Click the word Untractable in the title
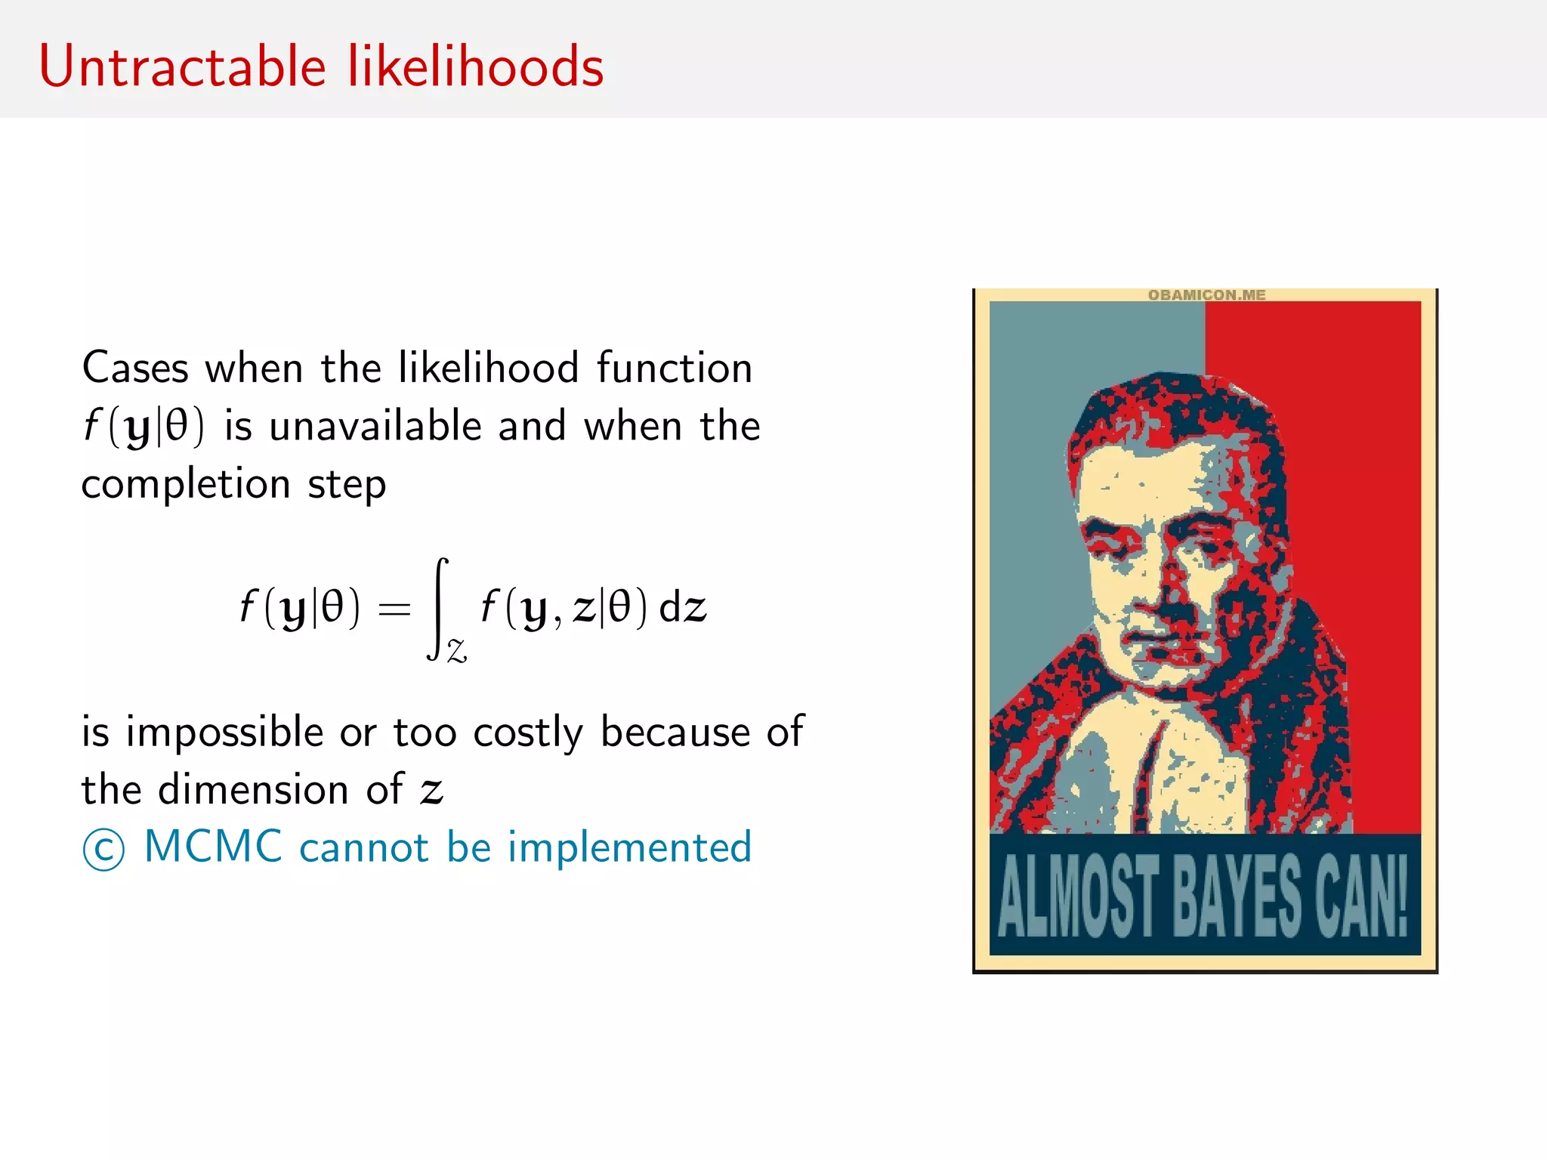tap(182, 66)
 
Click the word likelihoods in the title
tap(475, 66)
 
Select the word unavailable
tap(375, 427)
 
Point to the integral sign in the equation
tap(440, 608)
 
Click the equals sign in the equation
tap(394, 608)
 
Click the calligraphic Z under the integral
tap(457, 650)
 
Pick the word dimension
tap(253, 790)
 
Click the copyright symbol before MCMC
tap(103, 850)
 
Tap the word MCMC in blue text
tap(213, 847)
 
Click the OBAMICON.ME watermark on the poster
tap(1206, 295)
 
